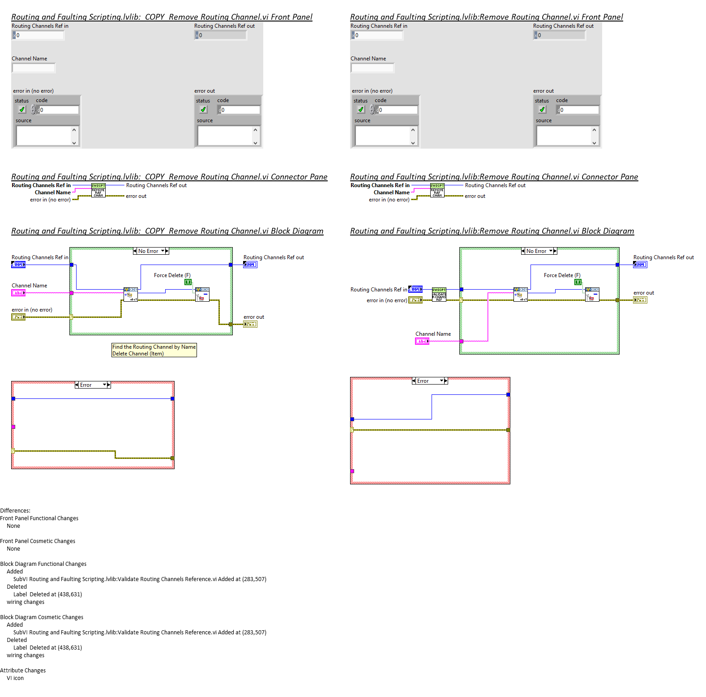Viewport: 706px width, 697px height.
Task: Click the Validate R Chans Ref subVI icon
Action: click(x=439, y=294)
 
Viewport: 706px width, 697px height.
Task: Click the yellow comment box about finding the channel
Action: click(x=154, y=350)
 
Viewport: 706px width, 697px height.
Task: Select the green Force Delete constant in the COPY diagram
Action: click(x=188, y=282)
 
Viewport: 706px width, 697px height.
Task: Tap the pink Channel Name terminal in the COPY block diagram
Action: click(x=18, y=293)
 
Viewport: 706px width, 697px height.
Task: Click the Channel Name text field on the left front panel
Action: click(x=34, y=68)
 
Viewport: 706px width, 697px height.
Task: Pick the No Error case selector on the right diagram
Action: click(x=539, y=251)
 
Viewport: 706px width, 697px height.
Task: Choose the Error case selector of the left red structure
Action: click(x=93, y=385)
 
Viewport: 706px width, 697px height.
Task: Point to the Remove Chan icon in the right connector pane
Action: click(x=437, y=191)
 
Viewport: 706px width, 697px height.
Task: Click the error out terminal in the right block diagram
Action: click(x=640, y=300)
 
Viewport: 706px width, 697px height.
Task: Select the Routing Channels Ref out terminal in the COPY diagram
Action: click(x=250, y=265)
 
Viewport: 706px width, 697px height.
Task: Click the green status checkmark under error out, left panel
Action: click(x=203, y=110)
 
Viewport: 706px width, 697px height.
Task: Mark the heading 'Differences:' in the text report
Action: click(x=15, y=511)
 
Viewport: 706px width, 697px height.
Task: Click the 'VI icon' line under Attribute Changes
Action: click(x=15, y=678)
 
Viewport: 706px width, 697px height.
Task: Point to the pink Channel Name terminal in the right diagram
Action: click(x=422, y=341)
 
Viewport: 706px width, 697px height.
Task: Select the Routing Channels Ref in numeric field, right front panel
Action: click(x=378, y=35)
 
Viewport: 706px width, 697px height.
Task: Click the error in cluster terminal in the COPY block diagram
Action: click(x=18, y=317)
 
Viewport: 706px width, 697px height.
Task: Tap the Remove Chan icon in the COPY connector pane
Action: click(x=98, y=191)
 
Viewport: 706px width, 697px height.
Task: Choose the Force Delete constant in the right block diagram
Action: click(x=578, y=282)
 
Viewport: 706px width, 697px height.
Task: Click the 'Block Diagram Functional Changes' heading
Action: click(x=43, y=564)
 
